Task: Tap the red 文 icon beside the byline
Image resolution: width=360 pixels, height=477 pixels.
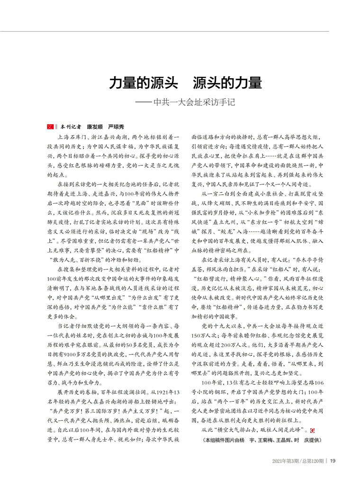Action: pos(49,127)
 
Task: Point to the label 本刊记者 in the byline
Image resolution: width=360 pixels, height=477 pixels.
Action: pos(70,127)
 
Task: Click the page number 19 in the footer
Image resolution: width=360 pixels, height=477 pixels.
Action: pos(333,460)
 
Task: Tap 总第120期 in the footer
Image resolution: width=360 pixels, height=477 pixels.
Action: pos(313,460)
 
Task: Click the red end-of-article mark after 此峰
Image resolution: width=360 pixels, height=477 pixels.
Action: pos(312,430)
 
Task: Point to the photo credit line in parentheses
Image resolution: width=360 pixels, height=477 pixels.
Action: pos(258,440)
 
